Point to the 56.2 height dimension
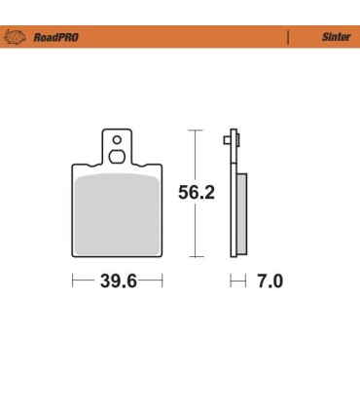196,193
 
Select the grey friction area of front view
117,214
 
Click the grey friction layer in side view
242,214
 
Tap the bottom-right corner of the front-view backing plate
161,256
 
